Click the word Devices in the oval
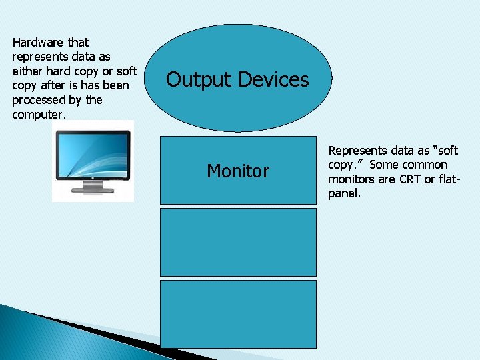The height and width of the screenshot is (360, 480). tap(273, 80)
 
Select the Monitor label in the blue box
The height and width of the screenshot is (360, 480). tap(238, 171)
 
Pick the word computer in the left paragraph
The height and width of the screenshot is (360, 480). tap(38, 114)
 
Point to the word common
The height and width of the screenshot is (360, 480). tap(426, 165)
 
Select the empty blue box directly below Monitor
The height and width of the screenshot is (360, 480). tap(238, 242)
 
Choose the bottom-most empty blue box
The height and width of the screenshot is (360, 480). tap(238, 314)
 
